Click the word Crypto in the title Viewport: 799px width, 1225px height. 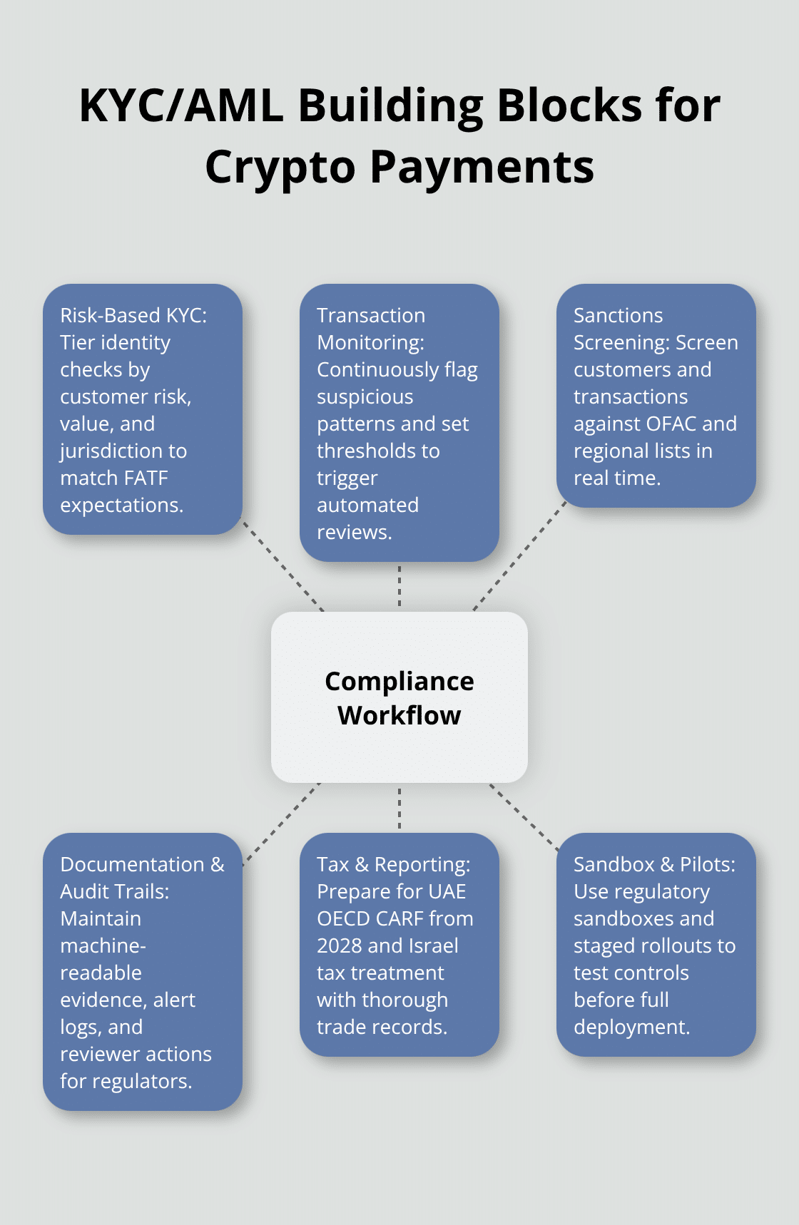tap(280, 168)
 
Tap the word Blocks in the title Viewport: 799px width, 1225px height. tap(569, 106)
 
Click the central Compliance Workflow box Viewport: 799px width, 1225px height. tap(399, 697)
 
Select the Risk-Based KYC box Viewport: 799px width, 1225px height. tap(143, 409)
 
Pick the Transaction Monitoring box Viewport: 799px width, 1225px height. tap(399, 422)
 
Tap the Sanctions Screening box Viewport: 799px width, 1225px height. tap(656, 396)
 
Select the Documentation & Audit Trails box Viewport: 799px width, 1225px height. tap(143, 971)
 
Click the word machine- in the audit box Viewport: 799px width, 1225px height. tap(103, 945)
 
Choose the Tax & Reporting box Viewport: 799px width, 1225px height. tap(399, 945)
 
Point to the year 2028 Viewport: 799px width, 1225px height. tap(339, 945)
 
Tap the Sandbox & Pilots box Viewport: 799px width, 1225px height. tap(656, 945)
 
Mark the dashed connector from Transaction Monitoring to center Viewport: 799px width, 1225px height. tap(399, 586)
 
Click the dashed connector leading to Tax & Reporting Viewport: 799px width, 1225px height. tap(399, 808)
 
